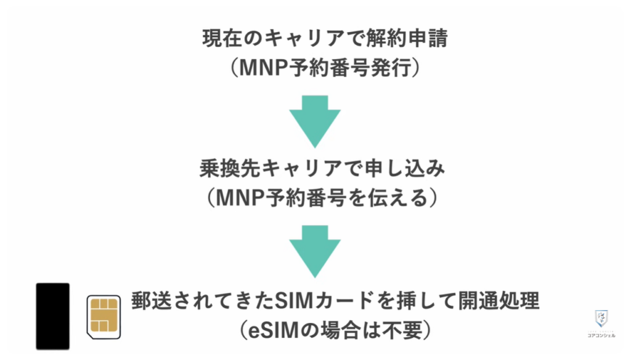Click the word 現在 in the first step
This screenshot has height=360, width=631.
point(221,39)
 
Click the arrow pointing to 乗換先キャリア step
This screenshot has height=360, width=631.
point(315,120)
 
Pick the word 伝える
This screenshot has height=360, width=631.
point(398,198)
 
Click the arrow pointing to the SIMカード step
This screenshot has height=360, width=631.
point(315,250)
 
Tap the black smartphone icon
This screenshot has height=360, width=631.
point(52,316)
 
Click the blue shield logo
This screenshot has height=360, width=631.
point(601,319)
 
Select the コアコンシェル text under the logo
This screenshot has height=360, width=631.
point(601,336)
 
